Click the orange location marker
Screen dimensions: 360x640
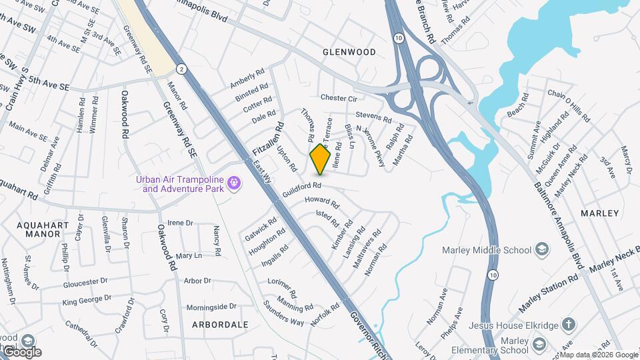pos(321,159)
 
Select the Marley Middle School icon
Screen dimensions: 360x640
pos(542,250)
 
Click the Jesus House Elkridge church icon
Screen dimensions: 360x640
pos(568,325)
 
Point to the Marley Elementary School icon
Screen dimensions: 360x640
pos(539,345)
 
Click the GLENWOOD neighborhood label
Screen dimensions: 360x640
pos(349,51)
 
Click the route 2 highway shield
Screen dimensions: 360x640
pos(181,69)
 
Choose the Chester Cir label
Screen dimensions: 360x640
pos(339,98)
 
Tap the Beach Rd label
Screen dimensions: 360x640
pos(518,106)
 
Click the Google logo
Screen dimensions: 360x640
pos(22,351)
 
